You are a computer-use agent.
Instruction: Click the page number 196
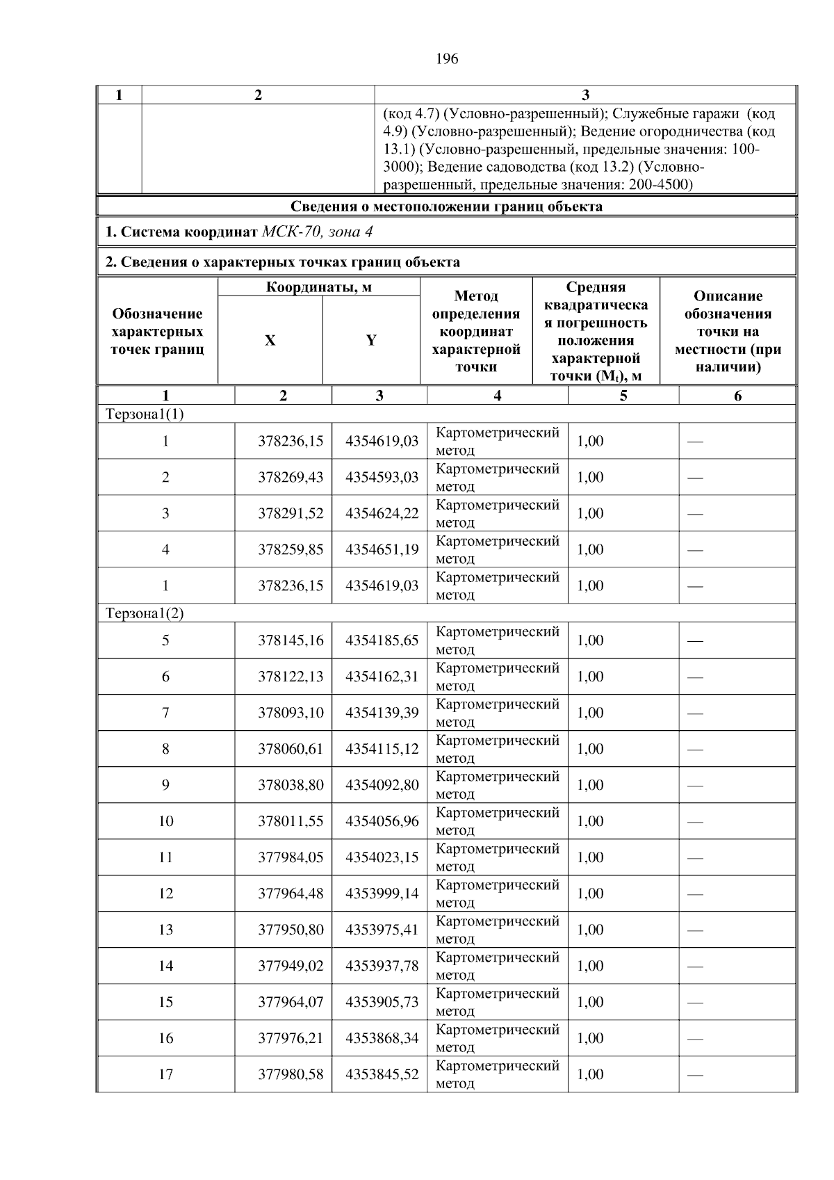coord(447,59)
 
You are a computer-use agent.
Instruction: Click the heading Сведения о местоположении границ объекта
coord(446,207)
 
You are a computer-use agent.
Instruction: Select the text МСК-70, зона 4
coord(318,232)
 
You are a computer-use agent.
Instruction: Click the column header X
coord(270,341)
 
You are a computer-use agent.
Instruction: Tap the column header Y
coord(371,341)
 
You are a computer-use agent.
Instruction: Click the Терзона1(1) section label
coord(145,414)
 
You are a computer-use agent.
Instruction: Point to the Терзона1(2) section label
coord(145,613)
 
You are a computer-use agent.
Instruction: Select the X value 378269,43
coord(291,478)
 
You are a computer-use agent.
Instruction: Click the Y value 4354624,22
coord(382,514)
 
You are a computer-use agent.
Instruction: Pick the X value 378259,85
coord(291,550)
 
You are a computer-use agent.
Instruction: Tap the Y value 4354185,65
coord(382,640)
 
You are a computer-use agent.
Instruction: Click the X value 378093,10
coord(291,713)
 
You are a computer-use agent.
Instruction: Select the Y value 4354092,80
coord(382,785)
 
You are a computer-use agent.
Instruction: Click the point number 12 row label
coord(165,894)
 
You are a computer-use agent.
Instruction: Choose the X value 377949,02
coord(291,966)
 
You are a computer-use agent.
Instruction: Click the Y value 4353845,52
coord(382,1074)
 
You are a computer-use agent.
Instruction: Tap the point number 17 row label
coord(165,1074)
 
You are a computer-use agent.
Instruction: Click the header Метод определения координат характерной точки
coord(476,332)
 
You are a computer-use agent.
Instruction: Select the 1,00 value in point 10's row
coord(590,821)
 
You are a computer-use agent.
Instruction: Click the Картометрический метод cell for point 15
coord(497,1002)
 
